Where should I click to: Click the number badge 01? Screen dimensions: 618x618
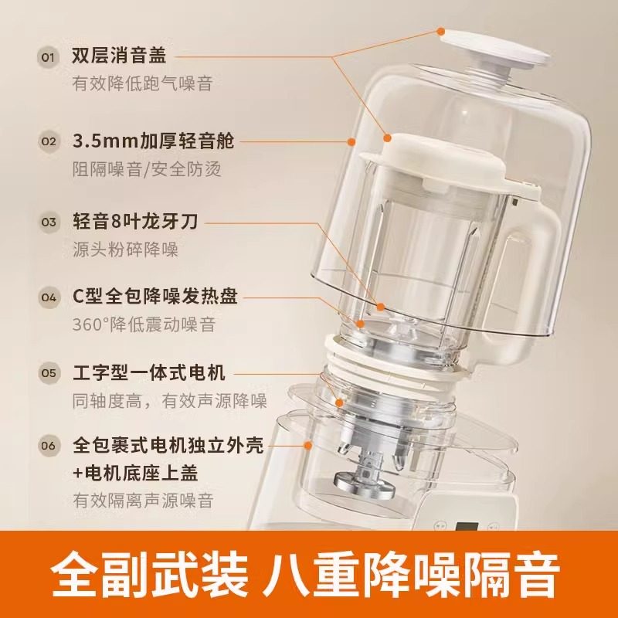[49, 57]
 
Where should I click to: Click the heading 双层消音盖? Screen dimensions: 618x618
[119, 56]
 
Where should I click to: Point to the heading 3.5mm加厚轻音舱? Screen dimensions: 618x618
[153, 141]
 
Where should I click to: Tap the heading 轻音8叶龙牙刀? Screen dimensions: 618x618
[134, 222]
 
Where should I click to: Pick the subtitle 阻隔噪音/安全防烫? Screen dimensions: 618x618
[147, 167]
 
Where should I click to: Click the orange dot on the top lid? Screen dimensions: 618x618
[440, 32]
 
